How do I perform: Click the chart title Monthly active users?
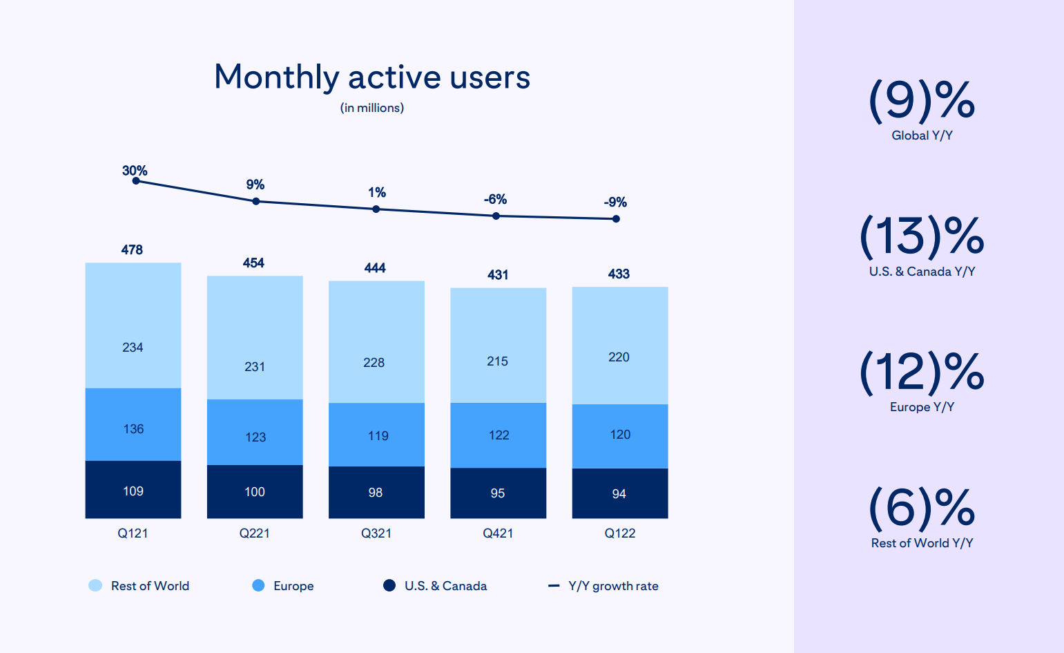(371, 77)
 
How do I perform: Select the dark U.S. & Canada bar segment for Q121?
(133, 489)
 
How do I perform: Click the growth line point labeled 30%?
(136, 181)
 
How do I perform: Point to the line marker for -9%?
(616, 219)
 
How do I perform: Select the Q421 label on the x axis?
(498, 533)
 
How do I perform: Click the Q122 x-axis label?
(620, 533)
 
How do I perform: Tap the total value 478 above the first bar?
(132, 249)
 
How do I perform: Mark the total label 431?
(498, 275)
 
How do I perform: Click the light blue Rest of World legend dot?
(95, 586)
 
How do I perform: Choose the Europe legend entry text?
(293, 586)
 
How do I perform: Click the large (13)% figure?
(922, 236)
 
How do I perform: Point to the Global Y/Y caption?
(922, 135)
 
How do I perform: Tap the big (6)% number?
(922, 507)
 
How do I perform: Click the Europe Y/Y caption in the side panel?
(922, 407)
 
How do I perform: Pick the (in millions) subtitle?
(372, 108)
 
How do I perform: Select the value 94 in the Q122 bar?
(619, 494)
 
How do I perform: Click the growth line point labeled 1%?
(376, 209)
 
